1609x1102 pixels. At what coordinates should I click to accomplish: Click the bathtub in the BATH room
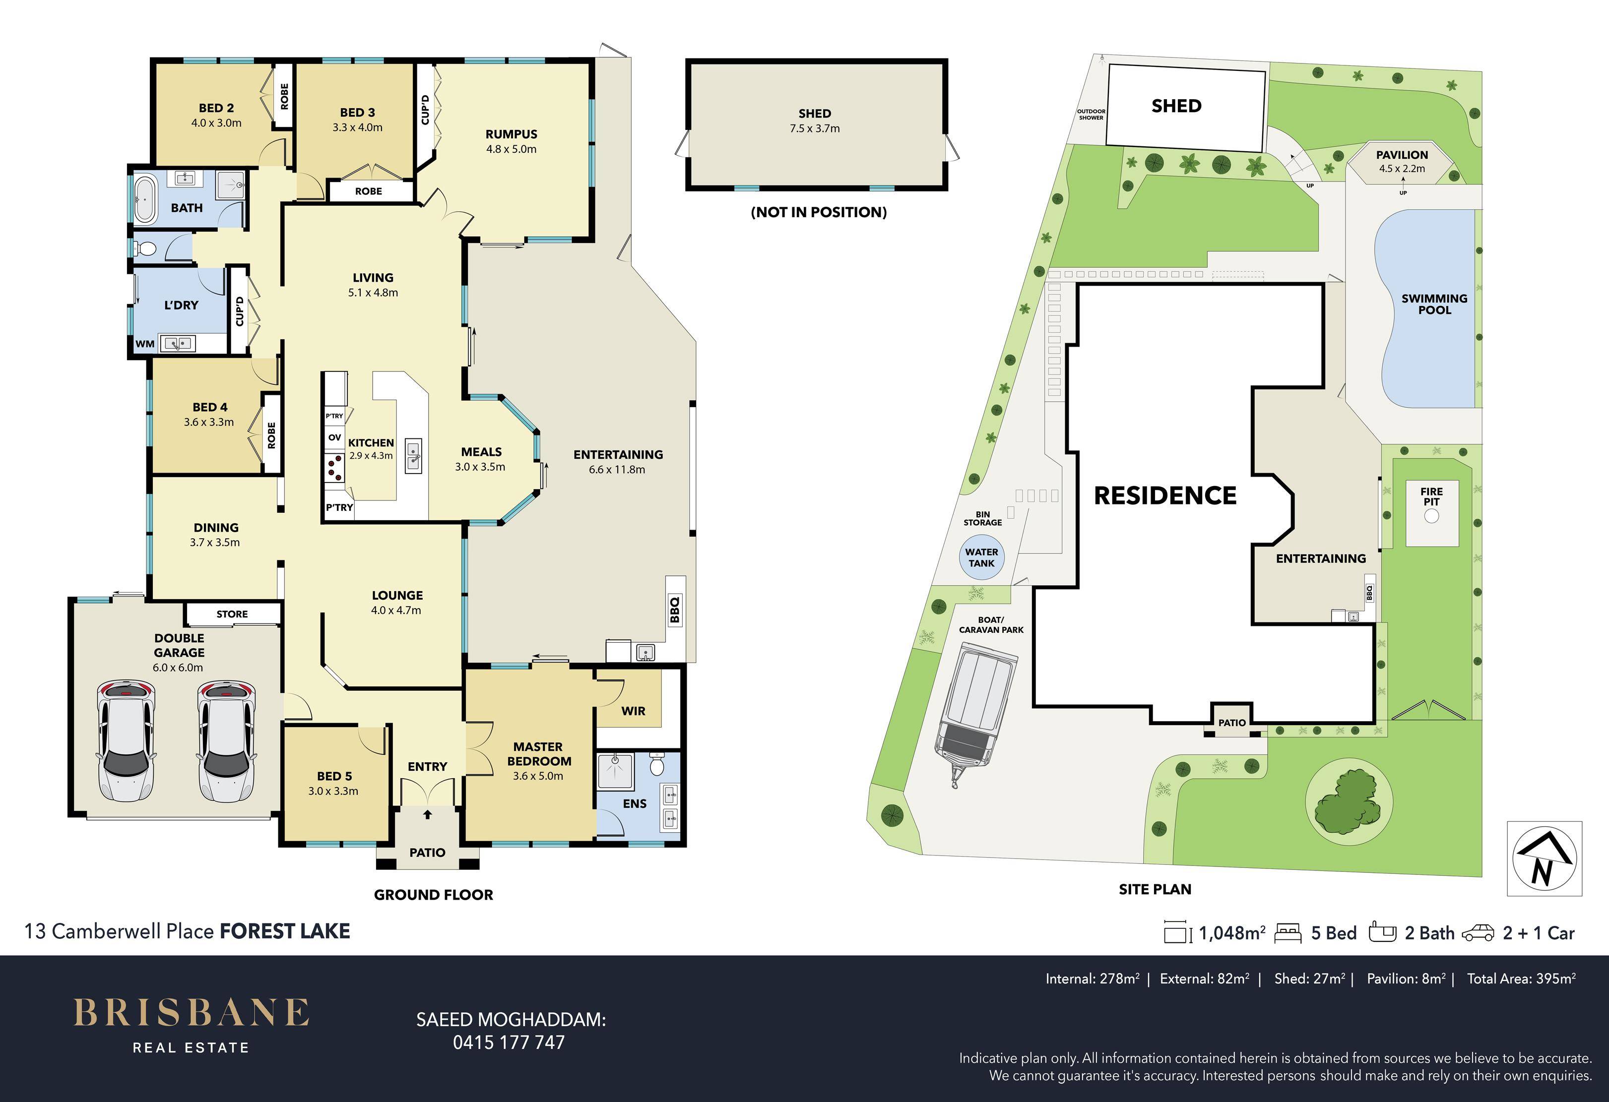145,200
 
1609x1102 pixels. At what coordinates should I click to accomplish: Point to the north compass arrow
1543,858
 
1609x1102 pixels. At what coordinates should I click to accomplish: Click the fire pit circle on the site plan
1432,516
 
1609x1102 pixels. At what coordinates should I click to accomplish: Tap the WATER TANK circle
981,557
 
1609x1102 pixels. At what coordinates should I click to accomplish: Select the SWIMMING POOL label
1434,305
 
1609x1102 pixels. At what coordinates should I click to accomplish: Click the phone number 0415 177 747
509,1042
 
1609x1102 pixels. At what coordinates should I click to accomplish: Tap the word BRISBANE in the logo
191,1013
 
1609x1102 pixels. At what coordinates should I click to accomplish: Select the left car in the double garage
126,740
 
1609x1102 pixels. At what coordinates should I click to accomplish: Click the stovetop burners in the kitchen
334,467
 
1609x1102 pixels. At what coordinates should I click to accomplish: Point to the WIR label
633,711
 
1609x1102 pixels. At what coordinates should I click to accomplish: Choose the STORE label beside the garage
232,614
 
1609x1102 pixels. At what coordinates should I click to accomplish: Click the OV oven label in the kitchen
334,437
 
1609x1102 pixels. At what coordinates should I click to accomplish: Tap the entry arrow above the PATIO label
427,815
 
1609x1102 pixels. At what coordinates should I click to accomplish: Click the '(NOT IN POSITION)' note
818,212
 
